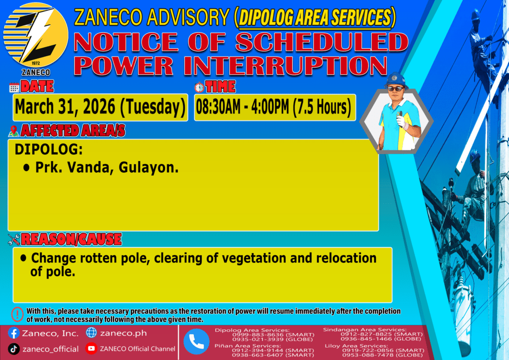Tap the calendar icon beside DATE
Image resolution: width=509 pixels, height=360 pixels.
click(14, 88)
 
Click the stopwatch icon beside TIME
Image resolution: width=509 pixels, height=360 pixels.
click(199, 87)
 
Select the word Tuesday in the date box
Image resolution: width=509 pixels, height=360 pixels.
click(153, 107)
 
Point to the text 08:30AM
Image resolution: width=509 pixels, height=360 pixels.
click(218, 107)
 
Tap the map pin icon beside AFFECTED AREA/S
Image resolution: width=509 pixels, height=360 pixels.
click(13, 131)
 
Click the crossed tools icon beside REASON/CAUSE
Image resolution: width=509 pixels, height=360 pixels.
click(14, 240)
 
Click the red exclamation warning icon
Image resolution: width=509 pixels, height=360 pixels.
click(17, 314)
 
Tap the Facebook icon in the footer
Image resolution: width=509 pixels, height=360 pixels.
click(13, 333)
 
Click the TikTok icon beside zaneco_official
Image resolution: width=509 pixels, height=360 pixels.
click(13, 349)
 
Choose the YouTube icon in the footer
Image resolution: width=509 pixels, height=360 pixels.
click(91, 349)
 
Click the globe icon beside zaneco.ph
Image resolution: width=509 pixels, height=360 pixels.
click(91, 333)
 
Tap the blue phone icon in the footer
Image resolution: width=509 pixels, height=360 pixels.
click(196, 342)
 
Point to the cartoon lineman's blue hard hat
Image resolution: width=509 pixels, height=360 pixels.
click(395, 80)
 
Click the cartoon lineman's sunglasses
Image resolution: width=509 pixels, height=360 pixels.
click(396, 89)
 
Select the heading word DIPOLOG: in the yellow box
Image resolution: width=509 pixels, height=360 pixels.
click(49, 149)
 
